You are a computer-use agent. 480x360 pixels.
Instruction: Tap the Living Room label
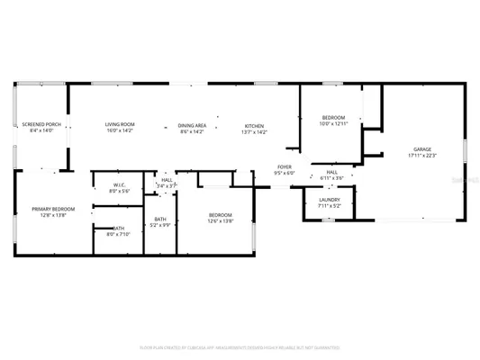119,125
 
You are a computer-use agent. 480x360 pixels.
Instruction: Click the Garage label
422,149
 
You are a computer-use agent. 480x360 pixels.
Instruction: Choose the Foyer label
285,166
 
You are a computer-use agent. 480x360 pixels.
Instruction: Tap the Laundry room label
329,200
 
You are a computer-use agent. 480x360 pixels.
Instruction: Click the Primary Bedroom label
53,209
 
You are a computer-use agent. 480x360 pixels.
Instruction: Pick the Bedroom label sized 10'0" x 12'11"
333,118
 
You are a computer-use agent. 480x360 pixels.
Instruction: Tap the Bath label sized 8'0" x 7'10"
119,229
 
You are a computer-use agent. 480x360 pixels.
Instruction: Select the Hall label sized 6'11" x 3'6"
331,171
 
